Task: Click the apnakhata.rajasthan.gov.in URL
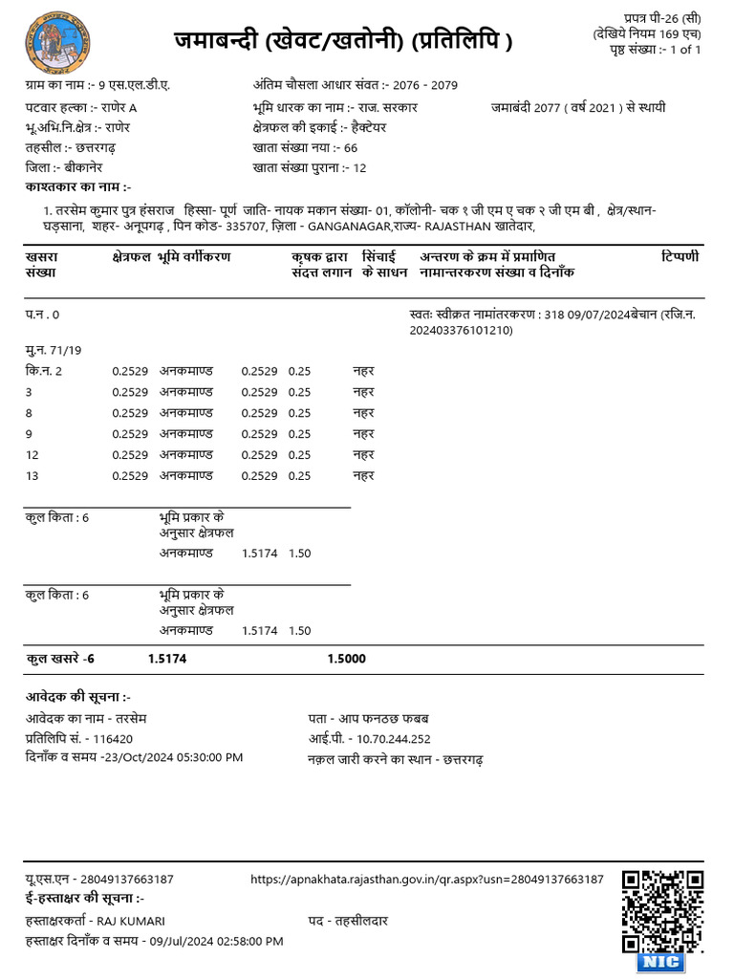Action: click(x=426, y=879)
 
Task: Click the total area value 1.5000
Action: click(x=346, y=659)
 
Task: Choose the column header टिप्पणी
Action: click(x=680, y=257)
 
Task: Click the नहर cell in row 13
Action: click(x=363, y=475)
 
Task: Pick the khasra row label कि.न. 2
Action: click(x=44, y=371)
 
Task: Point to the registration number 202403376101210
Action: click(x=461, y=330)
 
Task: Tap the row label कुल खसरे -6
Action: click(x=60, y=659)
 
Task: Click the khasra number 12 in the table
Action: click(x=32, y=454)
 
